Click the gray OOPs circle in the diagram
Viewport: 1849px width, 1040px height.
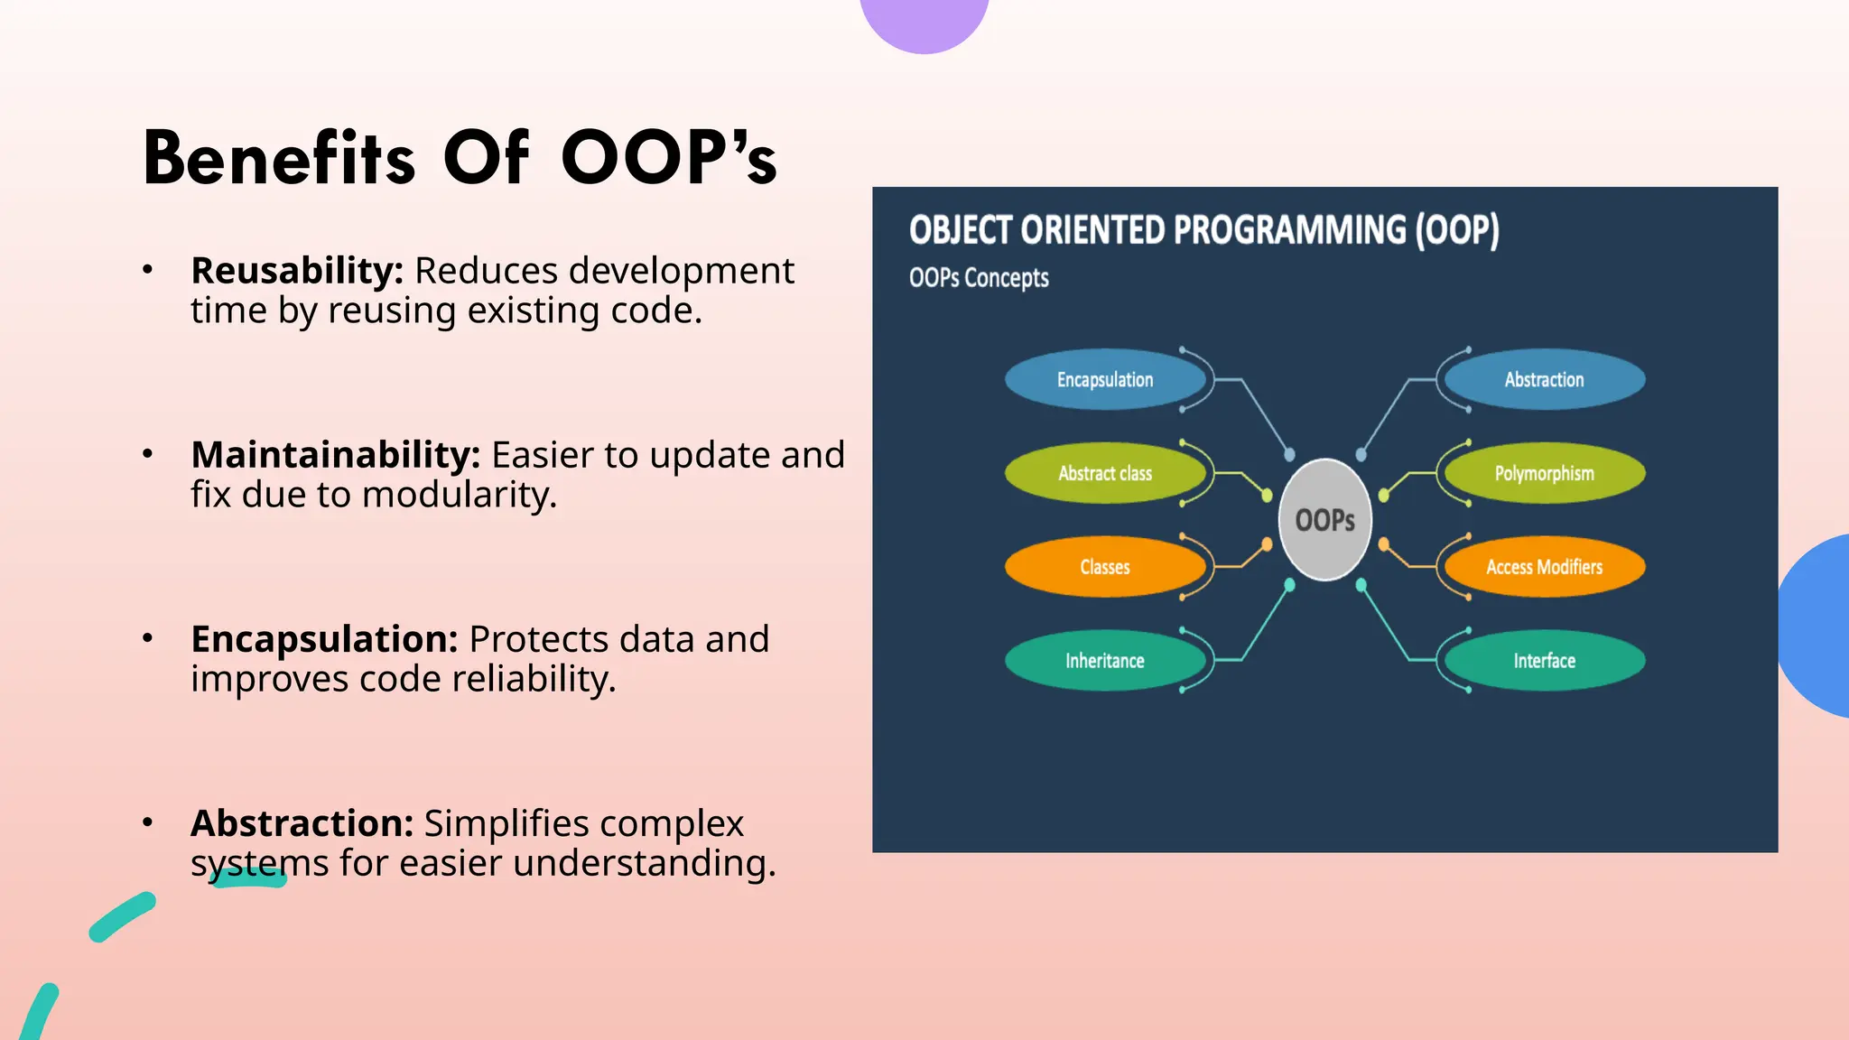click(x=1324, y=520)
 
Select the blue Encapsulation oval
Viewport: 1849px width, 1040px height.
click(x=1105, y=380)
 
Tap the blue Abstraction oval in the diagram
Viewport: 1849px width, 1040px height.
click(x=1544, y=380)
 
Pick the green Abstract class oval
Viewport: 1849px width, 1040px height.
click(x=1105, y=473)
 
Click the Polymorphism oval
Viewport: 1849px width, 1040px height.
click(x=1544, y=473)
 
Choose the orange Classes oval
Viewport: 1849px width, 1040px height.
click(x=1105, y=567)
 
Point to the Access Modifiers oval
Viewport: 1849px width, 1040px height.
click(x=1544, y=567)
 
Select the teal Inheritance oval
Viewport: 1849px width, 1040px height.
click(x=1105, y=661)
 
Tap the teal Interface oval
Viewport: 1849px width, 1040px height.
click(x=1544, y=661)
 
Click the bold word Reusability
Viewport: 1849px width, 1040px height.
click(x=297, y=271)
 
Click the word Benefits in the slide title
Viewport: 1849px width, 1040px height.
click(x=279, y=158)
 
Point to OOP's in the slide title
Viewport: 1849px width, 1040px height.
click(x=668, y=158)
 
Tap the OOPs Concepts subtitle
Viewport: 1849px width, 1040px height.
click(x=979, y=278)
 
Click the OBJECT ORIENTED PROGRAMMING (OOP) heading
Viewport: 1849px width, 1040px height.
click(x=1203, y=230)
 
